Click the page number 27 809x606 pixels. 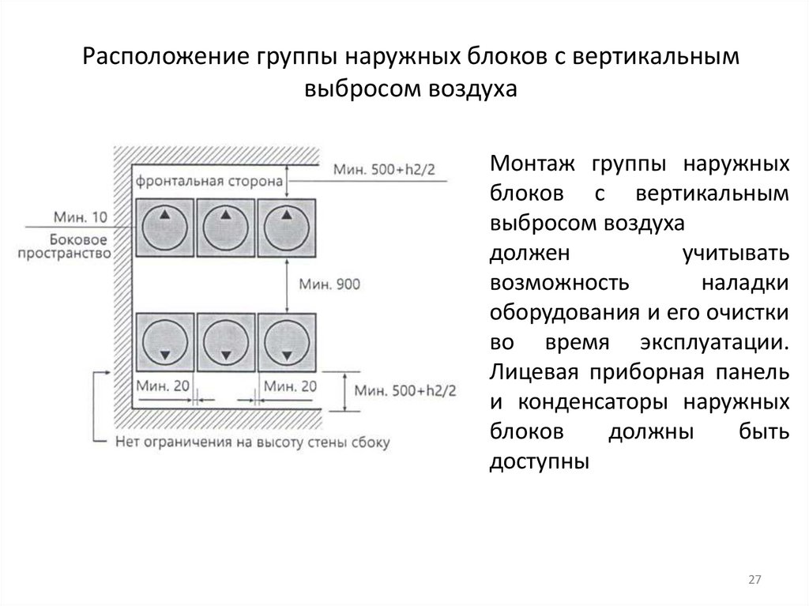click(754, 581)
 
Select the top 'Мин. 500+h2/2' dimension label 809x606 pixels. click(385, 169)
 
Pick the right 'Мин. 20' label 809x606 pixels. click(290, 386)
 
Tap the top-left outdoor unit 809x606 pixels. click(164, 228)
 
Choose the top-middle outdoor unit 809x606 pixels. click(225, 228)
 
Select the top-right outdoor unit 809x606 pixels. click(287, 228)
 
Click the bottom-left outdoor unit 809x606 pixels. click(164, 341)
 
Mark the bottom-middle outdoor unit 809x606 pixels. click(225, 341)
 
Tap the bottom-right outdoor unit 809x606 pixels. click(287, 341)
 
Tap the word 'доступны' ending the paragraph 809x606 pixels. click(540, 461)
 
